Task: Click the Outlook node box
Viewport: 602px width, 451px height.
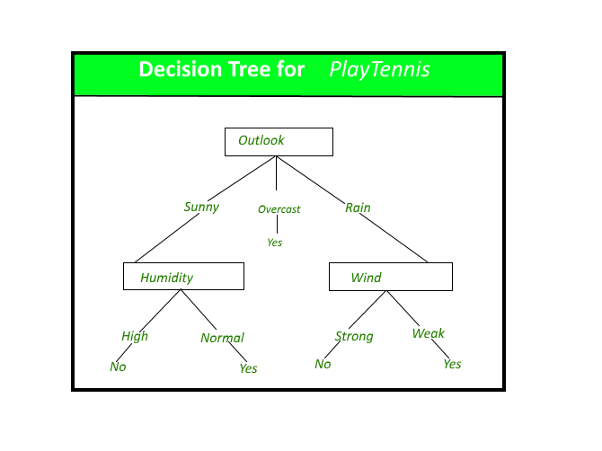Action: click(279, 141)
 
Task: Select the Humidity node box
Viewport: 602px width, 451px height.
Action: click(183, 277)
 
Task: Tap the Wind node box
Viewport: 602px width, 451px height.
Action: click(390, 277)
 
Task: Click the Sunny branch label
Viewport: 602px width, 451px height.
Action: click(201, 207)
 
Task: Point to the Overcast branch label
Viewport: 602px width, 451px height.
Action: click(279, 209)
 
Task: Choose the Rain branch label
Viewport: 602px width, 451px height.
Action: click(358, 208)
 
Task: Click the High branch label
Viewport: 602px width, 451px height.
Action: click(135, 336)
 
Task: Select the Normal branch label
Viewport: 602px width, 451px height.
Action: click(222, 338)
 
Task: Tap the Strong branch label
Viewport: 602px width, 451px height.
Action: click(354, 336)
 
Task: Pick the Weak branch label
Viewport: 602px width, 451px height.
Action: click(428, 333)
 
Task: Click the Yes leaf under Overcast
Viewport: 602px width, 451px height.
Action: click(274, 243)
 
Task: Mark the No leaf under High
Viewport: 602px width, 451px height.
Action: click(118, 367)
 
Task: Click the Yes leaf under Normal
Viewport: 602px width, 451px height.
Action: click(248, 368)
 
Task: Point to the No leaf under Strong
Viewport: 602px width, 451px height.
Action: click(323, 364)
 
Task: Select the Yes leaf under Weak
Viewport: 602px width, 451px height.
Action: click(452, 364)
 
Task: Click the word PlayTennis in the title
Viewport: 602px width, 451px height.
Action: click(378, 69)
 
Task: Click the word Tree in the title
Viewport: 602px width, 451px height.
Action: click(245, 69)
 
